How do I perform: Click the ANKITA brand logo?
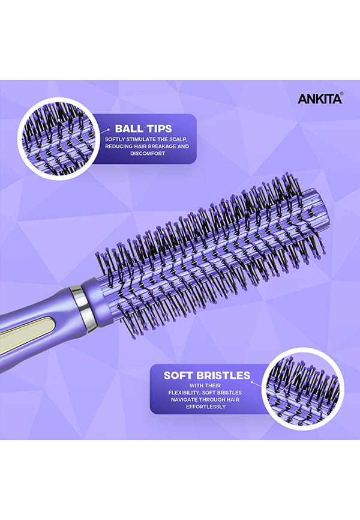click(319, 99)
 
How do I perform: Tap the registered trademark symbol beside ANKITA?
click(341, 94)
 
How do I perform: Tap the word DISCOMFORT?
click(148, 154)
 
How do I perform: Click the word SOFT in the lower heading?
click(179, 375)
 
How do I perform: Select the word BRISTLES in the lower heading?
click(223, 375)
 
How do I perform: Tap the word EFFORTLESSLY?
click(206, 407)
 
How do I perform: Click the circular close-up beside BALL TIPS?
click(59, 139)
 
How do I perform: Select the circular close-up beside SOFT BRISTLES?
click(302, 388)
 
